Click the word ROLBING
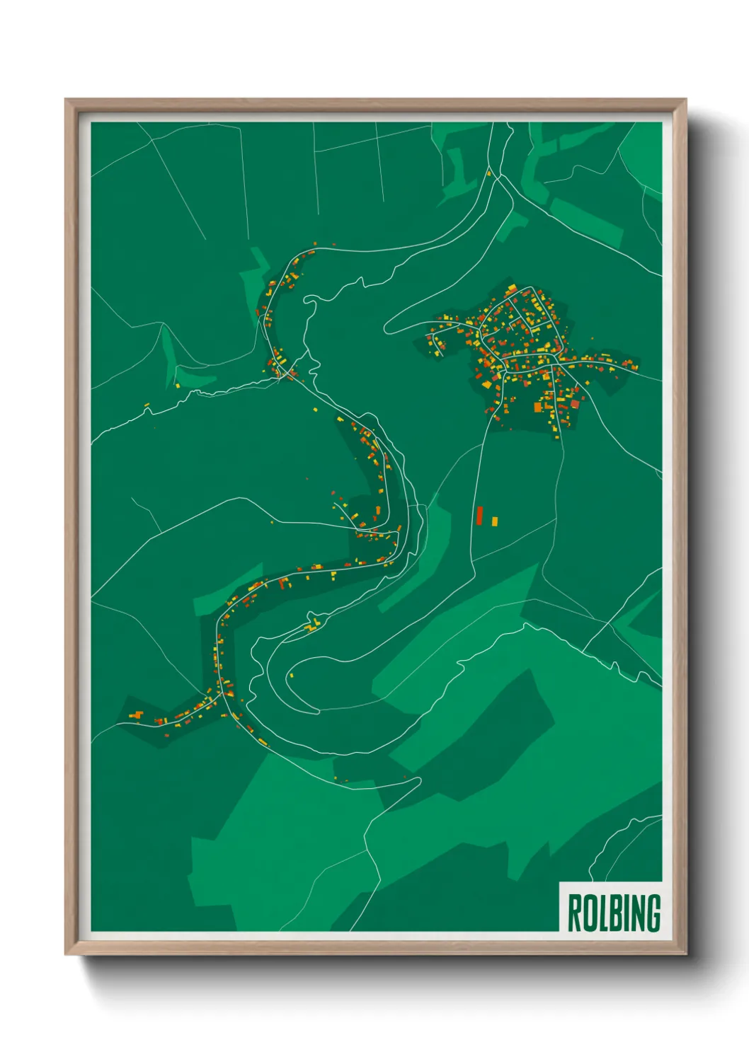pyautogui.click(x=614, y=913)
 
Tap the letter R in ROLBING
pyautogui.click(x=574, y=913)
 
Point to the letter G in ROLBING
pyautogui.click(x=652, y=913)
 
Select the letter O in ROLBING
pyautogui.click(x=589, y=913)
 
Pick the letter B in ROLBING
pyautogui.click(x=614, y=913)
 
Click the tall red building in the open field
pyautogui.click(x=479, y=515)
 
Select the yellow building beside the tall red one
pyautogui.click(x=494, y=521)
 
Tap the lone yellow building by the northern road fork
pyautogui.click(x=488, y=172)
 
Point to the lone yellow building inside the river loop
pyautogui.click(x=290, y=675)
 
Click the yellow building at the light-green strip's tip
pyautogui.click(x=177, y=386)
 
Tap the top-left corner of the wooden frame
pyautogui.click(x=66, y=100)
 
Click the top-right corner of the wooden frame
pyautogui.click(x=686, y=100)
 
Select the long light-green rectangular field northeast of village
pyautogui.click(x=585, y=222)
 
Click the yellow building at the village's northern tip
pyautogui.click(x=512, y=287)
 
